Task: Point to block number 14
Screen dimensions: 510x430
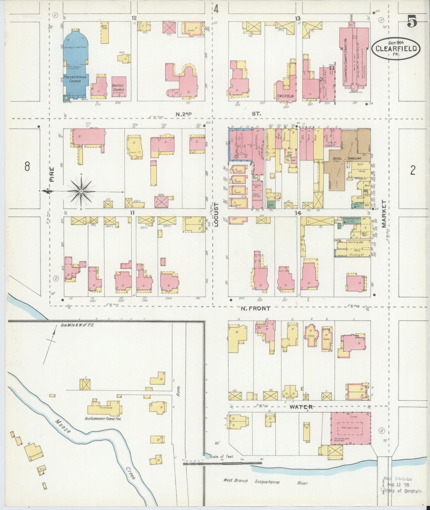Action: click(298, 213)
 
